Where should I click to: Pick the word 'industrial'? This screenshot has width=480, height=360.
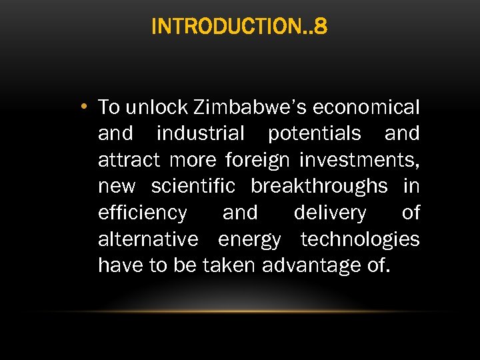click(201, 133)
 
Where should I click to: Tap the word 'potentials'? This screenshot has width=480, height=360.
click(315, 133)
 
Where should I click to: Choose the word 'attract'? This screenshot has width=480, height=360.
click(129, 160)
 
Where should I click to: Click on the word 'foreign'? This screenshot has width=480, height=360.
click(258, 161)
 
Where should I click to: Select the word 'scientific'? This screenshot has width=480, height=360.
click(193, 186)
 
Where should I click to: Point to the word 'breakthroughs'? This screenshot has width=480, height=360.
click(319, 186)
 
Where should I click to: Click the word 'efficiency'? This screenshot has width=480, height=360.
click(143, 213)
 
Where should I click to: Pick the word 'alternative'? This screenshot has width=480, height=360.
click(148, 239)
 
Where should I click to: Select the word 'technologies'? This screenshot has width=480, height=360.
click(360, 239)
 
